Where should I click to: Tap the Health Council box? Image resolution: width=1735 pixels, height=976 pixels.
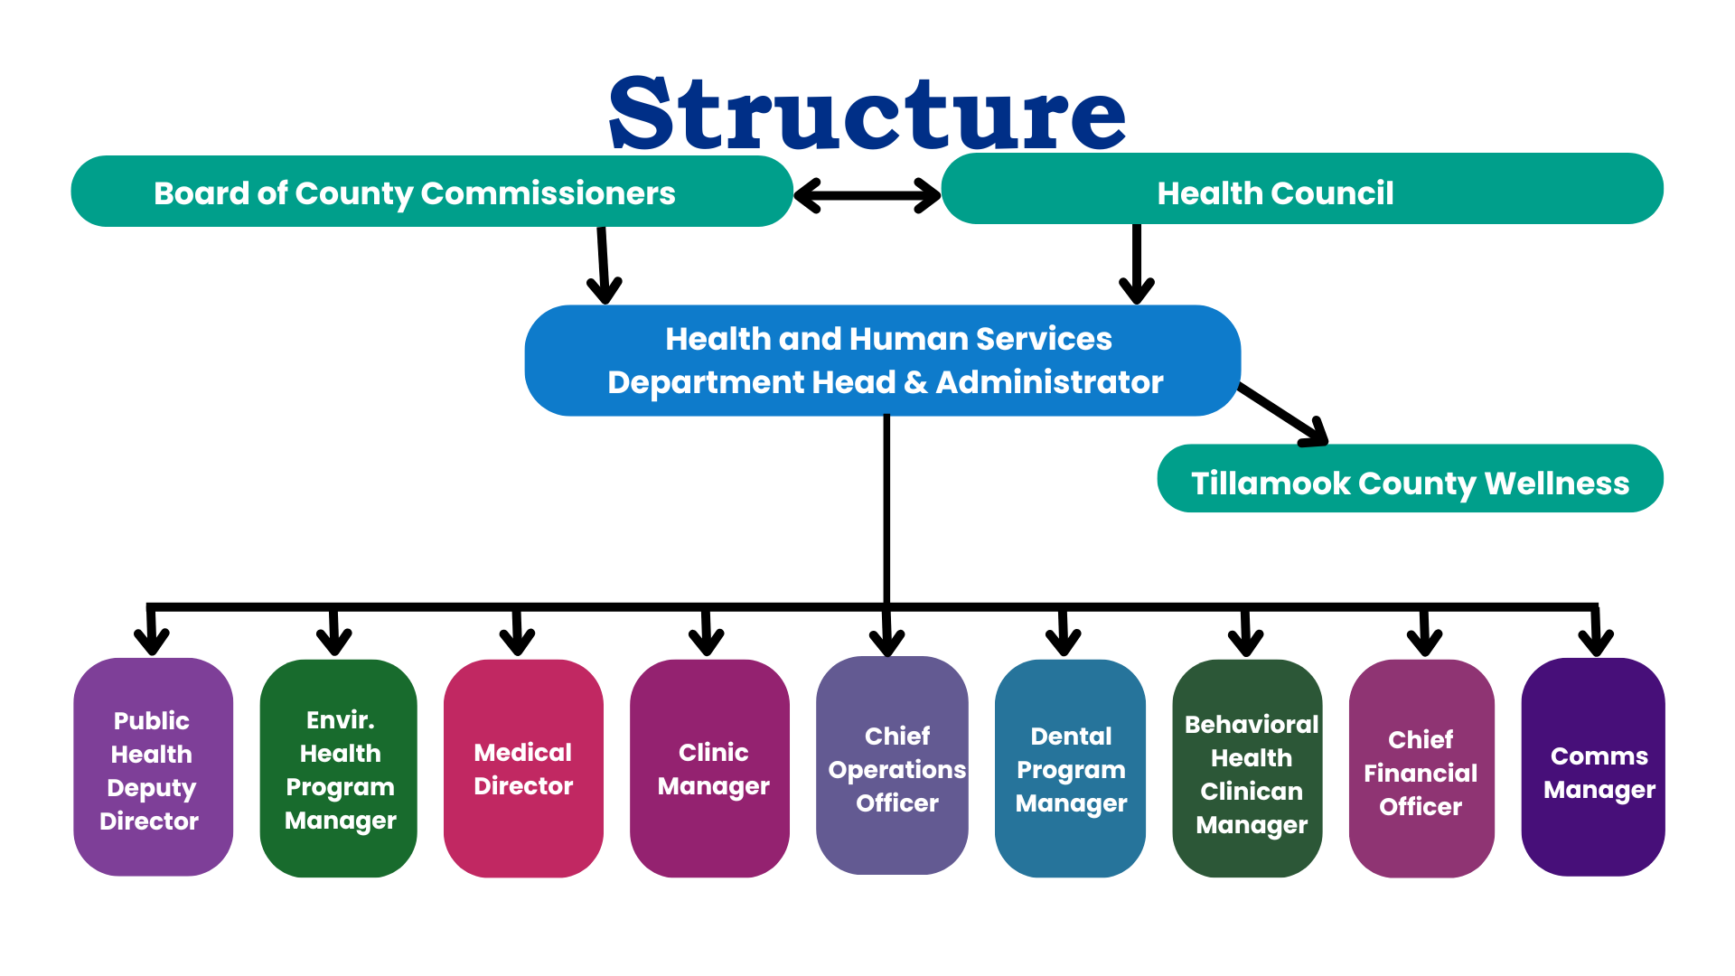click(1301, 190)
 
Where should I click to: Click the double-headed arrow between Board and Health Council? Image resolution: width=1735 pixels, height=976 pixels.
click(867, 195)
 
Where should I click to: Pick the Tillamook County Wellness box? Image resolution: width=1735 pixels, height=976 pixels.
click(1410, 479)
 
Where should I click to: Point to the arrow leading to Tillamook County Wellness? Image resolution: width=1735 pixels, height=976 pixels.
click(1283, 415)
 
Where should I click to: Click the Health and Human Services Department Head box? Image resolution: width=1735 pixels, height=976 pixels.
click(882, 361)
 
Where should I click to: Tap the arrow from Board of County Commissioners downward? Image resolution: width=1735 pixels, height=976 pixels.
click(603, 266)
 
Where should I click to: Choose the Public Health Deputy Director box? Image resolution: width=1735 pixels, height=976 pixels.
click(153, 767)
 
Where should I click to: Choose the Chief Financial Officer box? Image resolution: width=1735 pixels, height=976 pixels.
click(1421, 769)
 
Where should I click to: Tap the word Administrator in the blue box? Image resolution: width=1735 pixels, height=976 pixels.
click(1049, 382)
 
